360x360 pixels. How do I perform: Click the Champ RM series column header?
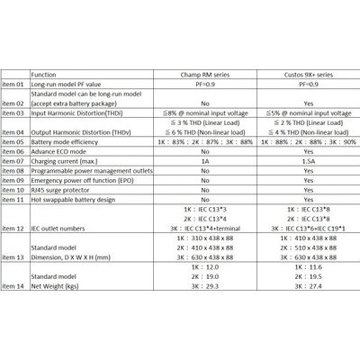(x=205, y=76)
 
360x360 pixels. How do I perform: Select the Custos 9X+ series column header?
(x=308, y=76)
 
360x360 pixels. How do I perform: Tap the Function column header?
(x=44, y=76)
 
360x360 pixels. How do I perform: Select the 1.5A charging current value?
(x=308, y=161)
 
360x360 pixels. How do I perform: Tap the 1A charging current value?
(x=205, y=161)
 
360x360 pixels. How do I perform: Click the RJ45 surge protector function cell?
(x=63, y=190)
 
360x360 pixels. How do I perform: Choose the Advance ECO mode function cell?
(x=60, y=152)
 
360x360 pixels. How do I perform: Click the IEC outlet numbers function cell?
(x=62, y=229)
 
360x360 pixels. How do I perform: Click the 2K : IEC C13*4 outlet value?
(x=205, y=219)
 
